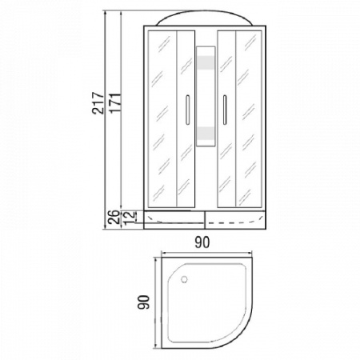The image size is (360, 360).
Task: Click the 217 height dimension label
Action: click(98, 103)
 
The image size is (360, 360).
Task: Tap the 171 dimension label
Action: click(115, 103)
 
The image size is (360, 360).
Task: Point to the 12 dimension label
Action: click(129, 217)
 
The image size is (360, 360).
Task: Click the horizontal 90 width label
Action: click(202, 242)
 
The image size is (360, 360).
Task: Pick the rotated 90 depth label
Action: click(144, 302)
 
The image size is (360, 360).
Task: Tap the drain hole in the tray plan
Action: click(184, 279)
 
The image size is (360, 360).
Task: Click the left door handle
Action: click(187, 110)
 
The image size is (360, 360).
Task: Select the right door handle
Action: click(225, 110)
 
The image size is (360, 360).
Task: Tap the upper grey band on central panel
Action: click(206, 63)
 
